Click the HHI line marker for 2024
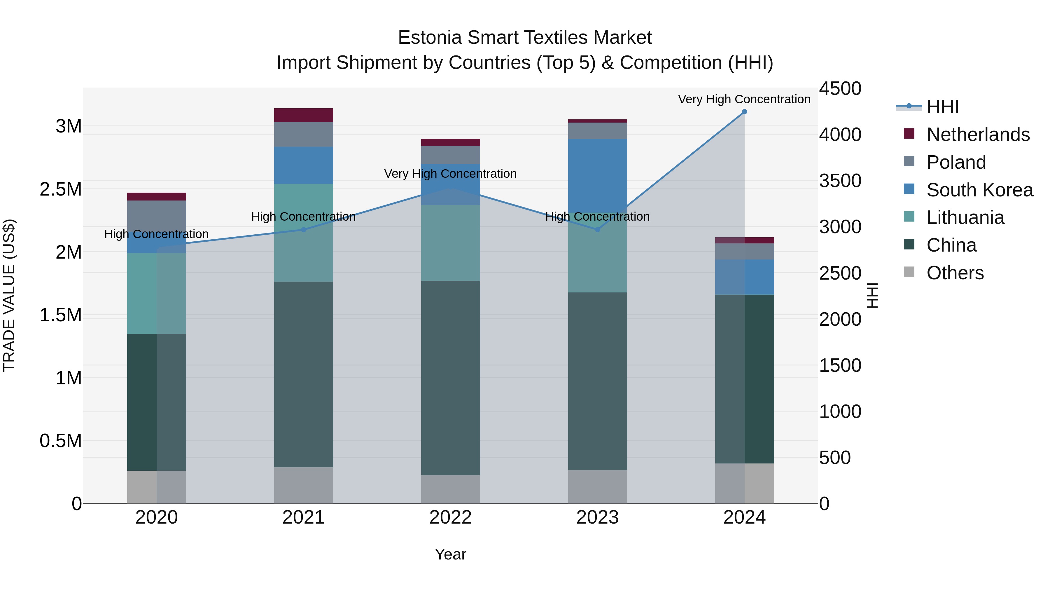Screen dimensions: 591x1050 (744, 111)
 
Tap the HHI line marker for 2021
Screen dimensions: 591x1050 (303, 230)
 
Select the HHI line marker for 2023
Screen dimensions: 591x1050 (598, 230)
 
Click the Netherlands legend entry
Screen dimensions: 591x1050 (978, 134)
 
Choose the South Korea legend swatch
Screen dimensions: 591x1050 (909, 189)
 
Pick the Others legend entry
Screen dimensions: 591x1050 (955, 273)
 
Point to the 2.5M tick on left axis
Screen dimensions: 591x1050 (61, 189)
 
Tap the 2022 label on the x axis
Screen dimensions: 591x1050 (450, 517)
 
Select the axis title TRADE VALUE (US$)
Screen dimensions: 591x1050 (9, 295)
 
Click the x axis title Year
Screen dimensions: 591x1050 (450, 554)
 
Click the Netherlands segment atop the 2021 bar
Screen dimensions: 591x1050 (303, 115)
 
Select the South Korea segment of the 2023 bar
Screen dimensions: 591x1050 (598, 175)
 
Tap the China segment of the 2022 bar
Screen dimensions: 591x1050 (450, 377)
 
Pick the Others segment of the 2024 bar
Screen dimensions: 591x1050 (744, 483)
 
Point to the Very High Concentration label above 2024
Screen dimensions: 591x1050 (744, 99)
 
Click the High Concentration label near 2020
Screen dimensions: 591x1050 (157, 234)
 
